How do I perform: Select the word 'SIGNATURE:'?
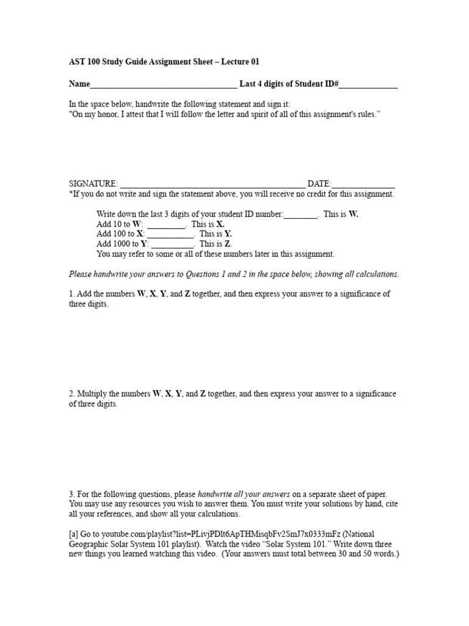click(93, 183)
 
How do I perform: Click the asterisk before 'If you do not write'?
click(70, 194)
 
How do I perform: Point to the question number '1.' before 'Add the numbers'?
click(71, 293)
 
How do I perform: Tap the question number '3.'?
click(71, 494)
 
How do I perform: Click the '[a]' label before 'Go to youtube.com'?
click(74, 534)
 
